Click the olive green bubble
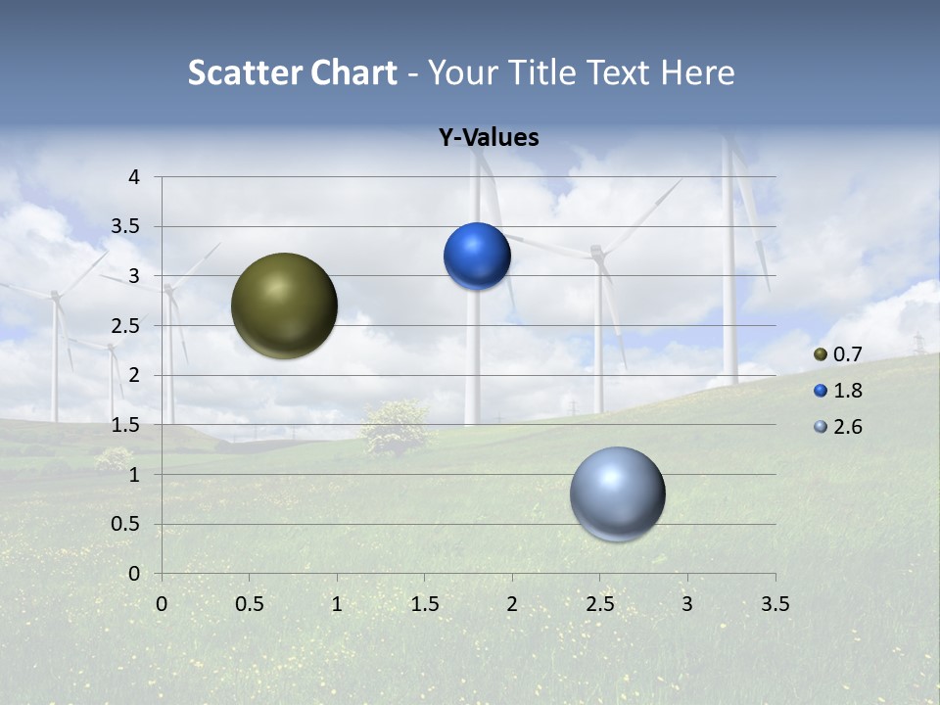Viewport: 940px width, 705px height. coord(284,305)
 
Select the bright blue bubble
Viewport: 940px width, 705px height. coord(477,257)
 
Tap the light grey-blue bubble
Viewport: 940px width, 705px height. coord(617,493)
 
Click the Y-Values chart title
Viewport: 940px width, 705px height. coord(488,138)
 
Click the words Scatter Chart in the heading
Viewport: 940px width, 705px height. coord(293,72)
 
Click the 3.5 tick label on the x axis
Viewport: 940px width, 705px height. coord(775,604)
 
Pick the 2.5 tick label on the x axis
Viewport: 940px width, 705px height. coord(599,604)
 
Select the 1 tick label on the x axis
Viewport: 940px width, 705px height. coord(337,604)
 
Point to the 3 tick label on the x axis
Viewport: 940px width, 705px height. coord(686,604)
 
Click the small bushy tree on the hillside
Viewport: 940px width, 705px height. coord(394,426)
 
